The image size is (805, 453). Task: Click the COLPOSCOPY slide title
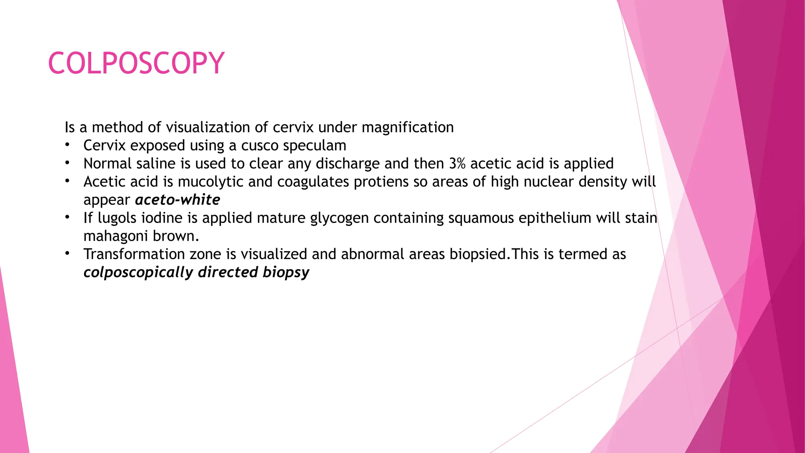[136, 63]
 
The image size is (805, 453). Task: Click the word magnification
[407, 127]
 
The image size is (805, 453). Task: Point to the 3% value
[457, 164]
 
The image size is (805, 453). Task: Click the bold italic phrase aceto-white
[178, 200]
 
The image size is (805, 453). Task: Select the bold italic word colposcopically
[138, 273]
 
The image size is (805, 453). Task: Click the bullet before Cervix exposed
[68, 145]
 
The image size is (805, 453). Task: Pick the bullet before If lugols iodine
[68, 217]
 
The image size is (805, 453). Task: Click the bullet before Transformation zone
[68, 254]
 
